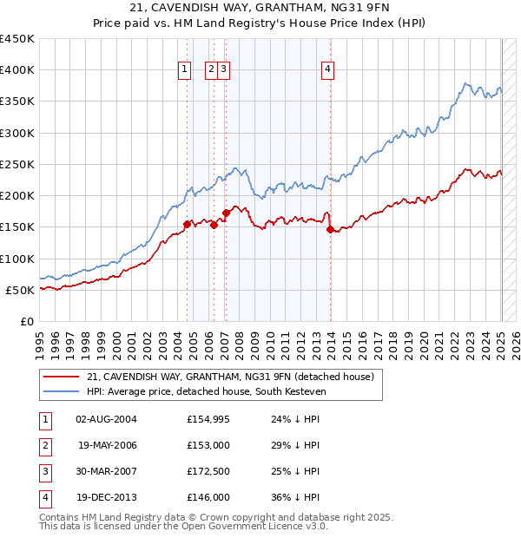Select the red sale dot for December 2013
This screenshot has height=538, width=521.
[331, 230]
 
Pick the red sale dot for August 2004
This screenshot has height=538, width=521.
[187, 224]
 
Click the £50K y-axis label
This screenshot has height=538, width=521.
[20, 290]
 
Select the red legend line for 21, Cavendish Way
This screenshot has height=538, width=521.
[61, 377]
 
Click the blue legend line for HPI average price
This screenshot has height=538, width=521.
[61, 392]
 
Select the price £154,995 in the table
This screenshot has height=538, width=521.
[208, 419]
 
